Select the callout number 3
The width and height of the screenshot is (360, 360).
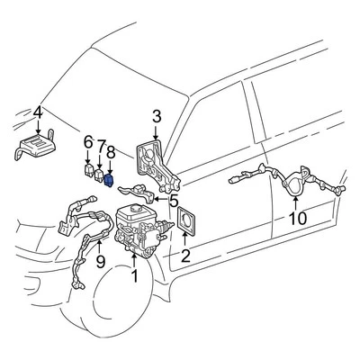pyautogui.click(x=156, y=116)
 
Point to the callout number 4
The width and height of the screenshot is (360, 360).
pyautogui.click(x=37, y=112)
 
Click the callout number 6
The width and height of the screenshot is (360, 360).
pyautogui.click(x=88, y=141)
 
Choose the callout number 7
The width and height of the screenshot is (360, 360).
pyautogui.click(x=101, y=145)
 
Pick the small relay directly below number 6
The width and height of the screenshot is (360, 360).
pyautogui.click(x=87, y=167)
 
